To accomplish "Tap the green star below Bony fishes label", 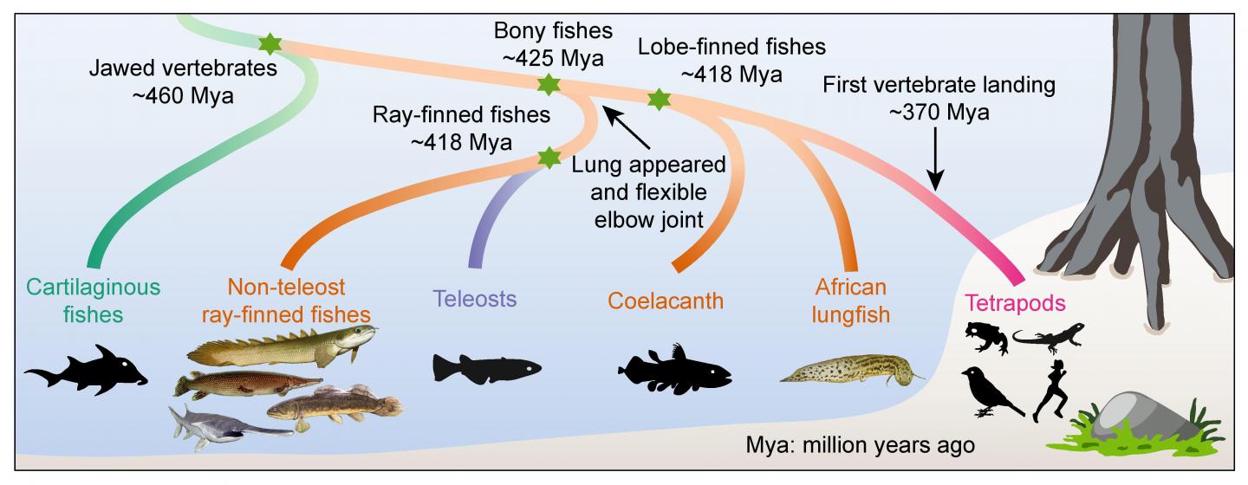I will pyautogui.click(x=547, y=85).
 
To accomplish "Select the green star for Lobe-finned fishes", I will pyautogui.click(x=660, y=99).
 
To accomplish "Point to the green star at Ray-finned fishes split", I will pyautogui.click(x=548, y=158).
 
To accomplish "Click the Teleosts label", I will pyautogui.click(x=474, y=299).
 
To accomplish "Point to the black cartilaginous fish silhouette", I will pyautogui.click(x=87, y=372).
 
